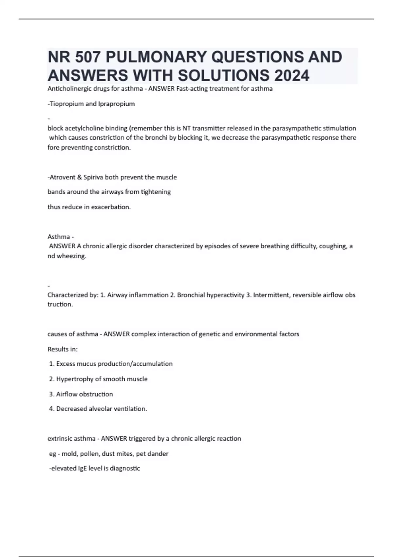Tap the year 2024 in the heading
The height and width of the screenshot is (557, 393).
point(292,76)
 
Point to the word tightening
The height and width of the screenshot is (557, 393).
point(156,192)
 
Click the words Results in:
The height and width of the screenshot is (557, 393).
point(63,349)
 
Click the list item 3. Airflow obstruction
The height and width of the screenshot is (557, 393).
point(81,394)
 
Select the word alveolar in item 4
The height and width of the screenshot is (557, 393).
point(100,409)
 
